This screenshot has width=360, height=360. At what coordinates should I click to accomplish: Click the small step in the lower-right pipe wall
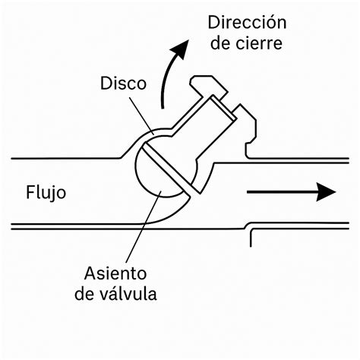pos(251,235)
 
